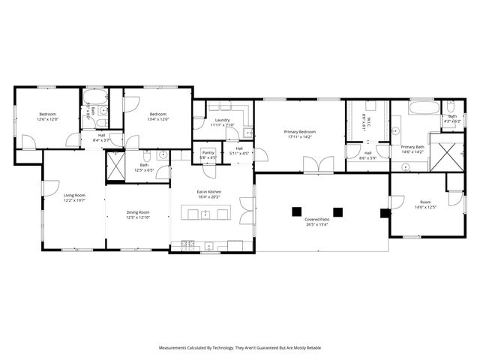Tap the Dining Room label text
coord(137,212)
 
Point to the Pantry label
coord(208,152)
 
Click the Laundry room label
coord(222,120)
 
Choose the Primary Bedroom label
coord(299,132)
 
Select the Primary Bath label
coord(412,147)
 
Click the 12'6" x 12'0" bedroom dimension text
coord(48,119)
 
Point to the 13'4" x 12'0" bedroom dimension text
coord(157,119)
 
